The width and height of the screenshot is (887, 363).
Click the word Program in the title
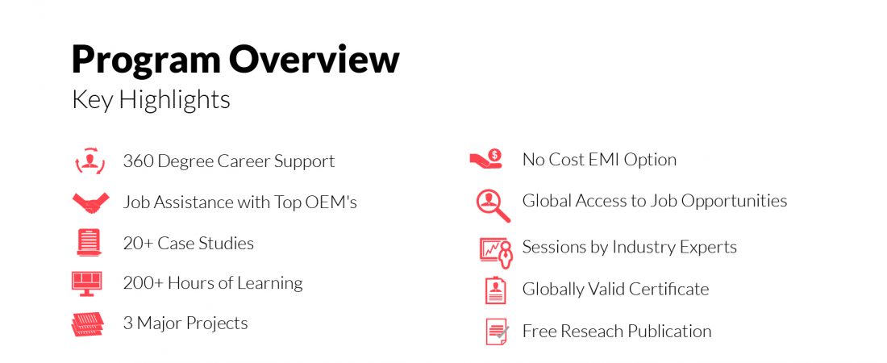[x=145, y=60]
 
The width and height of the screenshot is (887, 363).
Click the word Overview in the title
[x=314, y=59]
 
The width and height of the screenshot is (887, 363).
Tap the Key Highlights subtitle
[x=151, y=101]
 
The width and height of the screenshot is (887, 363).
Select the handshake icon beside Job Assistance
[x=90, y=203]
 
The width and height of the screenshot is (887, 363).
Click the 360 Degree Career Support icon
[x=90, y=161]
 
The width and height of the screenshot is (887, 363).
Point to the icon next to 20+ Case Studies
[x=90, y=242]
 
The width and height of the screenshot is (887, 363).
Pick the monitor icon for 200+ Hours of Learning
[x=87, y=283]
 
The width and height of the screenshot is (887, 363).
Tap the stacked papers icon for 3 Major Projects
[x=88, y=324]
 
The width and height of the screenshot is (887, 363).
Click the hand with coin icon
[x=486, y=159]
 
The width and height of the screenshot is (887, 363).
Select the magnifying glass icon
[x=493, y=206]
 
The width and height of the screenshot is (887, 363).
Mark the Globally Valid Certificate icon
[x=496, y=290]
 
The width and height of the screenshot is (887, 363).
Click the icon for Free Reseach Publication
[x=498, y=332]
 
